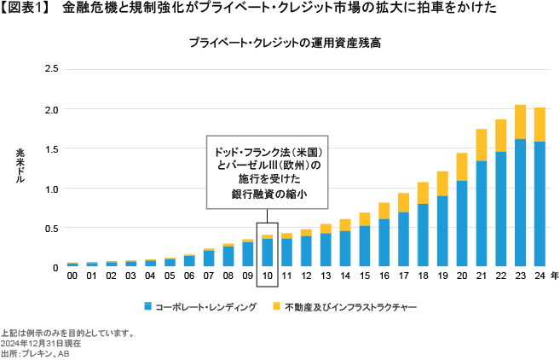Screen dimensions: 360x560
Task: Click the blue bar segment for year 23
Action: pos(519,203)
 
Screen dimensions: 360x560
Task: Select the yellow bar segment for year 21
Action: pos(481,144)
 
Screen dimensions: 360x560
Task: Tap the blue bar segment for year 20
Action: pos(461,224)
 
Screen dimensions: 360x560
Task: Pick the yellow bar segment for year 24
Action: pos(539,124)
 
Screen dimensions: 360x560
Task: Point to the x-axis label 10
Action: pos(267,276)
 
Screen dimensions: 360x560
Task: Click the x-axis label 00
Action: pos(72,276)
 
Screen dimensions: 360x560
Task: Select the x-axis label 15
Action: pos(364,276)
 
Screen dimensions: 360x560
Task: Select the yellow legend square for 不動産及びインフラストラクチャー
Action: pos(277,305)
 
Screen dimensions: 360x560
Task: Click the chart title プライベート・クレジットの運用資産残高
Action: pos(280,42)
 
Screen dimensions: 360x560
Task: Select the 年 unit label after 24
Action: pos(555,276)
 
